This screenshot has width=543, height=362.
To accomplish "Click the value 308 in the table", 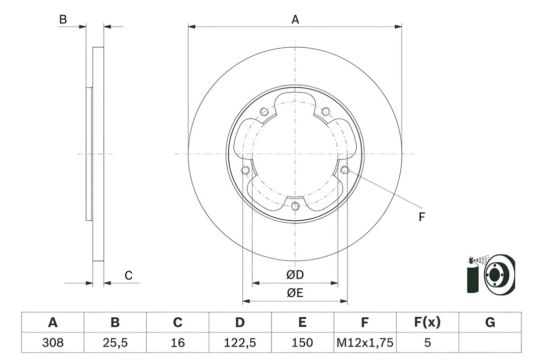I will tap(52, 343).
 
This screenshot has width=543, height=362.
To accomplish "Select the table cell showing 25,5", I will tap(115, 343).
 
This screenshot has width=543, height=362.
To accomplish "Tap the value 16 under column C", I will tap(177, 343).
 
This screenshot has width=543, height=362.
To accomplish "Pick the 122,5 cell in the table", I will tap(240, 343).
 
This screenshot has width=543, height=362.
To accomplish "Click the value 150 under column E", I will tap(302, 343).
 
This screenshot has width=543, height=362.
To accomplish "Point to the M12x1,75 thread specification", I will tap(365, 343).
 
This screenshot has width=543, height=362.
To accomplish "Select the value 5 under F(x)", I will tap(427, 343).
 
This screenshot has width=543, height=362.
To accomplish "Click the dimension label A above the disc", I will tap(295, 20).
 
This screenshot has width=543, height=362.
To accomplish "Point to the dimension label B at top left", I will tap(63, 20).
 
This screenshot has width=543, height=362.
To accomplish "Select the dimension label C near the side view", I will tap(128, 275).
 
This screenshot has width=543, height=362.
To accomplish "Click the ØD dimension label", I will tap(295, 275).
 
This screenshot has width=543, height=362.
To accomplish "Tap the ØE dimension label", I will tap(295, 293).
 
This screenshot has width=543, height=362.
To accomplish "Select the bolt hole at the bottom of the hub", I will tap(295, 206).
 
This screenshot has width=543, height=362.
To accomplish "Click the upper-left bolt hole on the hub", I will tap(264, 112).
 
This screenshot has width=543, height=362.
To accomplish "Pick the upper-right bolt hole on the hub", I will tap(325, 112).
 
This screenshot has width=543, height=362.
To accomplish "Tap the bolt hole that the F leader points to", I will tap(344, 170).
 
